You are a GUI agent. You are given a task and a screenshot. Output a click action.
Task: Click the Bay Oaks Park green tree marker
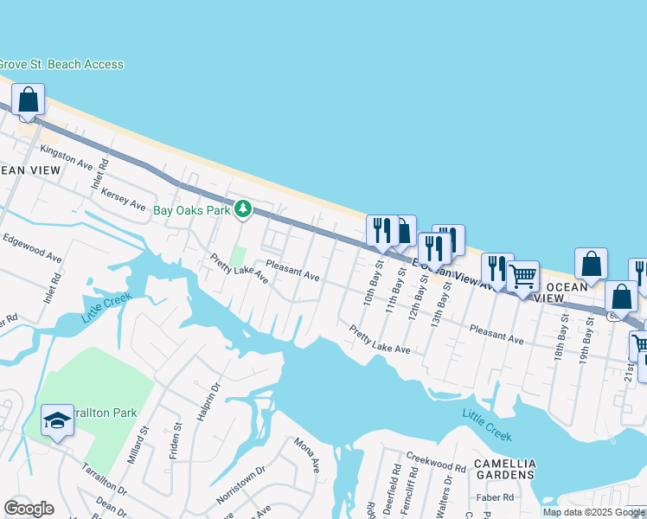coord(244,209)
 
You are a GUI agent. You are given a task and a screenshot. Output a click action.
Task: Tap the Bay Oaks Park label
coord(192,210)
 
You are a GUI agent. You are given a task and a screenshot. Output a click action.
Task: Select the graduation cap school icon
coord(57,420)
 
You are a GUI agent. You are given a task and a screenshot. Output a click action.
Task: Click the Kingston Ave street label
coord(66,156)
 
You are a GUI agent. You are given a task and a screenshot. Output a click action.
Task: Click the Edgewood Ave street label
coord(32,247)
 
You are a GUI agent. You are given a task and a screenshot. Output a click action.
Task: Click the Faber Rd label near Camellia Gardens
coord(496,498)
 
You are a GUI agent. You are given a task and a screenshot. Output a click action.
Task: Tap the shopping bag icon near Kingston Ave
coord(29,99)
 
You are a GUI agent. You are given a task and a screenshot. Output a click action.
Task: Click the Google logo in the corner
coord(29,508)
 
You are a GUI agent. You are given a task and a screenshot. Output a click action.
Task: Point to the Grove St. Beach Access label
coord(61,65)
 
